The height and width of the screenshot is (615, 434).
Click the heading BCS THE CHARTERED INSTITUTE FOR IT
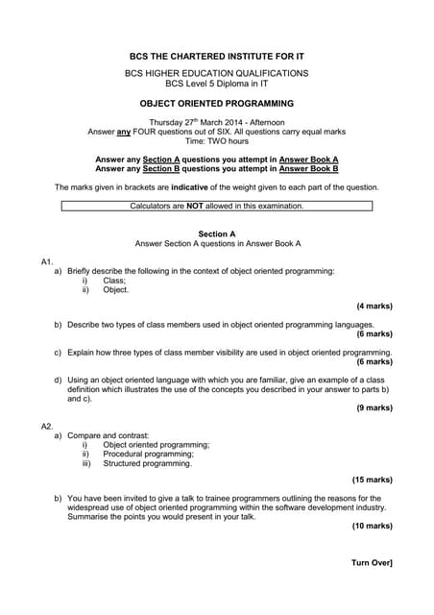pos(217,56)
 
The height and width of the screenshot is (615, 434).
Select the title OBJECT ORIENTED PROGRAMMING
pos(217,102)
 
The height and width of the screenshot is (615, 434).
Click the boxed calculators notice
pos(217,206)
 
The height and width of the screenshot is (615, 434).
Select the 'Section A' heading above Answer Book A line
pos(217,234)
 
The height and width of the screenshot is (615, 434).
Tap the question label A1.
pos(47,261)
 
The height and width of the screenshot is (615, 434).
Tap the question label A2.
pos(47,425)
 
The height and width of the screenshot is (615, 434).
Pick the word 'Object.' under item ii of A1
pos(116,289)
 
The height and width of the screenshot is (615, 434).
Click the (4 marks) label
pos(374,307)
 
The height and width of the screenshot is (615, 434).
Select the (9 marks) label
pos(374,407)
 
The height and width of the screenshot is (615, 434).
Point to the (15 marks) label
pos(372,480)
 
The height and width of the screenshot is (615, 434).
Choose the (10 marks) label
pos(372,526)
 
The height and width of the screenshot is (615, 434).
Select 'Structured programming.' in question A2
pos(147,463)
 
